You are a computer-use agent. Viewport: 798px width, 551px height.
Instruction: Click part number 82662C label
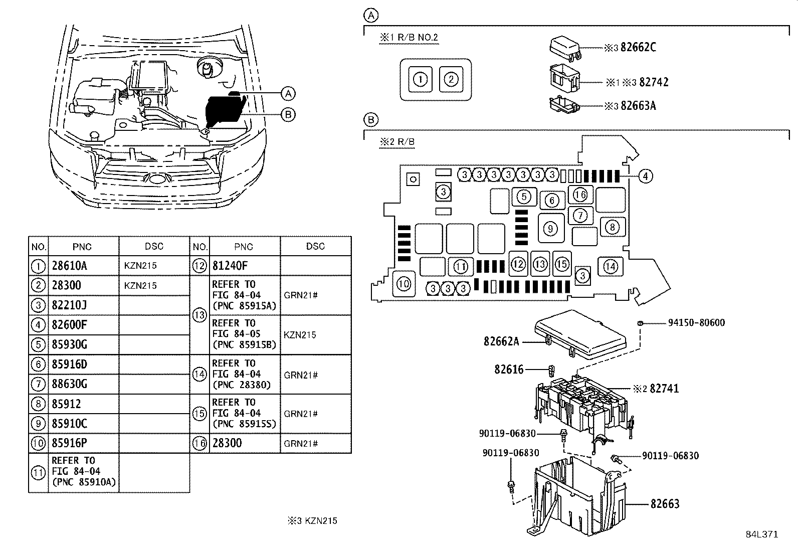pyautogui.click(x=638, y=47)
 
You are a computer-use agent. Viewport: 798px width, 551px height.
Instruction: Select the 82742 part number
pyautogui.click(x=654, y=82)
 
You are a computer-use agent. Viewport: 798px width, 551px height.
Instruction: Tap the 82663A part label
pyautogui.click(x=638, y=106)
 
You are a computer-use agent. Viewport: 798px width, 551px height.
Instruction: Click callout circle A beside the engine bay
pyautogui.click(x=287, y=93)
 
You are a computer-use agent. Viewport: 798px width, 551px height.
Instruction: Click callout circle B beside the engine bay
pyautogui.click(x=287, y=115)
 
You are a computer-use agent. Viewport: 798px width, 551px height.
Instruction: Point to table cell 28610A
pyautogui.click(x=69, y=266)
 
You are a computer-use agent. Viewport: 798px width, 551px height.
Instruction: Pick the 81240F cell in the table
pyautogui.click(x=230, y=266)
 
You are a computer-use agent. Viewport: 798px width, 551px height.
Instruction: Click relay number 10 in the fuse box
pyautogui.click(x=404, y=284)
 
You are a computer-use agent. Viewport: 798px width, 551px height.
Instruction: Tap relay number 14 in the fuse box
pyautogui.click(x=610, y=266)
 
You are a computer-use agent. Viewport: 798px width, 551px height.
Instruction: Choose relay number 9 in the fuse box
pyautogui.click(x=550, y=229)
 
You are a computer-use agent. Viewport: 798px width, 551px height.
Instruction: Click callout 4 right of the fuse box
pyautogui.click(x=646, y=176)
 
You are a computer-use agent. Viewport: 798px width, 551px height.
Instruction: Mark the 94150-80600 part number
pyautogui.click(x=696, y=323)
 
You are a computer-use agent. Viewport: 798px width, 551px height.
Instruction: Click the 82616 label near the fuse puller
pyautogui.click(x=508, y=370)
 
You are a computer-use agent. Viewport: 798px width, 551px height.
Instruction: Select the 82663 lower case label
pyautogui.click(x=665, y=504)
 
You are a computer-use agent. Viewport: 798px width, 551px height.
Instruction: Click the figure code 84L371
pyautogui.click(x=761, y=534)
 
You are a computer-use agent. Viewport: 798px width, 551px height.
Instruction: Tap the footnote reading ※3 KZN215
pyautogui.click(x=312, y=520)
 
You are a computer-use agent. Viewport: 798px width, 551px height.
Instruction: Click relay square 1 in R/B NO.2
pyautogui.click(x=420, y=79)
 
